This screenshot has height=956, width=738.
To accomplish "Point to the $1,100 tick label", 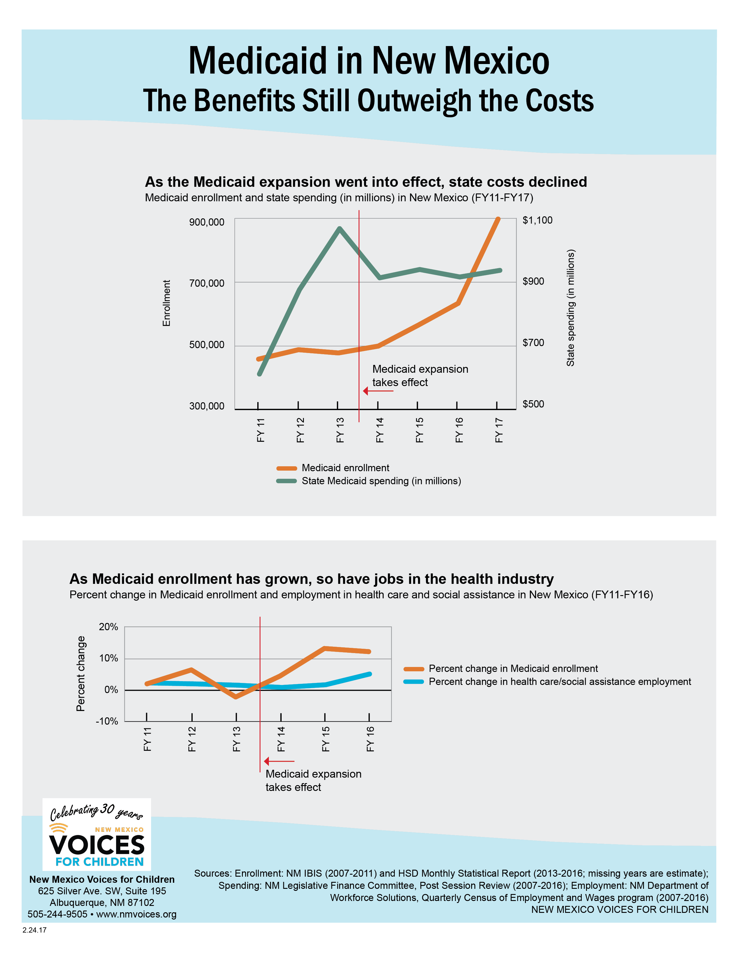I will [x=537, y=220].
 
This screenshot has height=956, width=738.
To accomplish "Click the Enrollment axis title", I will [x=166, y=303].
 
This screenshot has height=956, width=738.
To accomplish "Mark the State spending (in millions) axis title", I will [x=570, y=308].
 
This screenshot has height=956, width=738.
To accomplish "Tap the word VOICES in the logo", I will [x=97, y=845].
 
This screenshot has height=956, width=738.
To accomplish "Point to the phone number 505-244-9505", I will [x=57, y=914].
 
